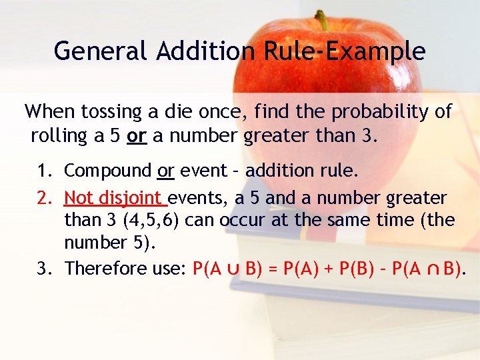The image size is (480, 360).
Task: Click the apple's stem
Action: pyautogui.click(x=322, y=20)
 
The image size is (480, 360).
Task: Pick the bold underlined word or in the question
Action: pyautogui.click(x=137, y=137)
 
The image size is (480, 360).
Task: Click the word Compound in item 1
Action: pyautogui.click(x=108, y=171)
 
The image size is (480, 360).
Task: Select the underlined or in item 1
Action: pyautogui.click(x=166, y=171)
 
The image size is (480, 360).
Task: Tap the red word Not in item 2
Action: pyautogui.click(x=79, y=198)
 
